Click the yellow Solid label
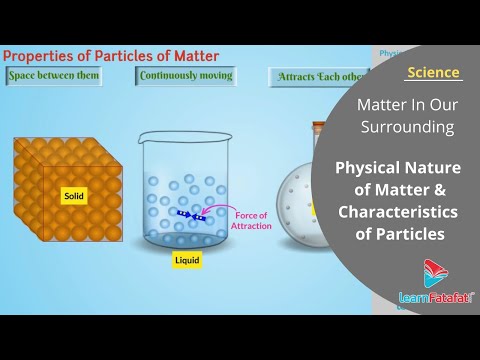tap(74, 196)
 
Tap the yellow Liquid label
tap(187, 260)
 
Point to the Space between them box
tap(53, 76)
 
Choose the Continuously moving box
tap(186, 76)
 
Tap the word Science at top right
tap(434, 72)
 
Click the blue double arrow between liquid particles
tap(190, 214)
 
